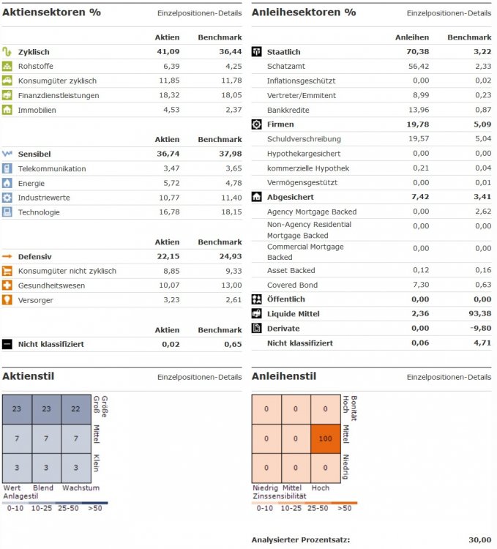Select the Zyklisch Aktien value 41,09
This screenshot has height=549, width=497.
[167, 52]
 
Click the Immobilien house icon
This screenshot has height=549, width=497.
[7, 110]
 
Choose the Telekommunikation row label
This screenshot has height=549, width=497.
[51, 168]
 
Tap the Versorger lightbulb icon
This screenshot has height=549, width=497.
[7, 300]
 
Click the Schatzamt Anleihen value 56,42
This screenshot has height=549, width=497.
[417, 66]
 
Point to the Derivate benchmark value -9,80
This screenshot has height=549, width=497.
[479, 329]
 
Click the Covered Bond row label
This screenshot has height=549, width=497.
[292, 285]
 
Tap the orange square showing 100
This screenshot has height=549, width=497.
[325, 438]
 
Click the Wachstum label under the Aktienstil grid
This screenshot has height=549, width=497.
[81, 488]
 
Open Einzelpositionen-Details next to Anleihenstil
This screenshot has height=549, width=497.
[449, 377]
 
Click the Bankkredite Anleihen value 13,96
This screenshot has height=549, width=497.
[417, 110]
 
